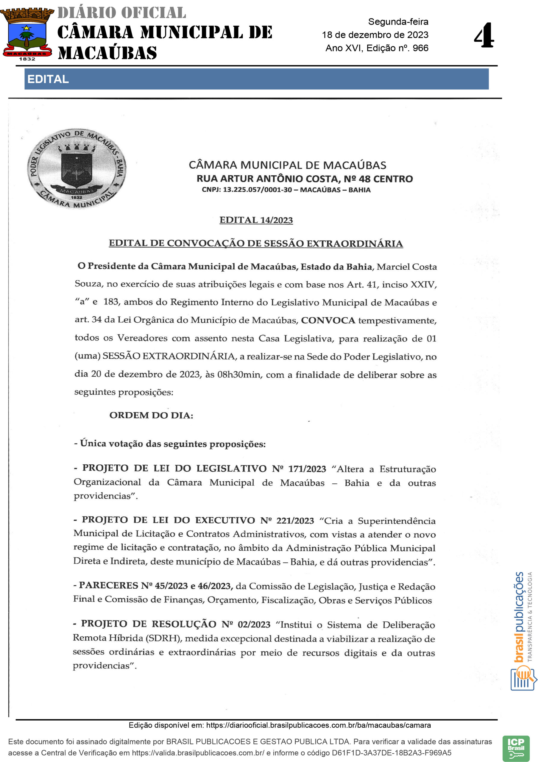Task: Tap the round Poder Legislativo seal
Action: pos(77,168)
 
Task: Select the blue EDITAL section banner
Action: pos(256,79)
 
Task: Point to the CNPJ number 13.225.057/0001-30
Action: pos(257,190)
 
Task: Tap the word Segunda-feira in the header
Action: pos(398,22)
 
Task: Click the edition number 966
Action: pos(420,48)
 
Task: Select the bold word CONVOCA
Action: pos(328,320)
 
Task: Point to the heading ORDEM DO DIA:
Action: pos(151,415)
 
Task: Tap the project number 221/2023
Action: pos(295,520)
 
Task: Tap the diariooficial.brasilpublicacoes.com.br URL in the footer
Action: pos(318,725)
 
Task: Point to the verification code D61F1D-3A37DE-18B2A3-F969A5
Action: pos(391,752)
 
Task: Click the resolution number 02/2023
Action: pos(254,624)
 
